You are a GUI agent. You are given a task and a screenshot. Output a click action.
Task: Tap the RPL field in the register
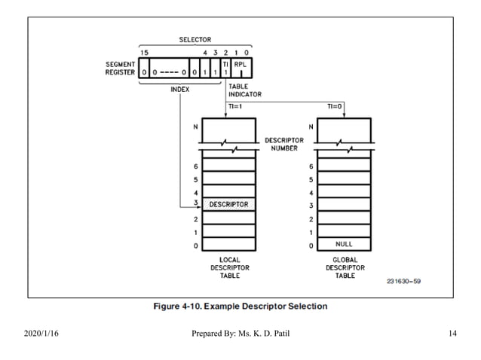coord(240,65)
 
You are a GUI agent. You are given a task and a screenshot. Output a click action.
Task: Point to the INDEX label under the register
coord(179,89)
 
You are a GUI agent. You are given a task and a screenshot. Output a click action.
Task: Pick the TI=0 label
coord(335,108)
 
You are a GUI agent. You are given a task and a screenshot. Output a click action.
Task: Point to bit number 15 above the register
coord(145,52)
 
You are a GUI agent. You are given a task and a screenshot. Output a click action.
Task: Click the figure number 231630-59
coord(404,282)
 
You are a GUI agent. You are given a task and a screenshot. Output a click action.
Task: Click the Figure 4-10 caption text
coord(240,307)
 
